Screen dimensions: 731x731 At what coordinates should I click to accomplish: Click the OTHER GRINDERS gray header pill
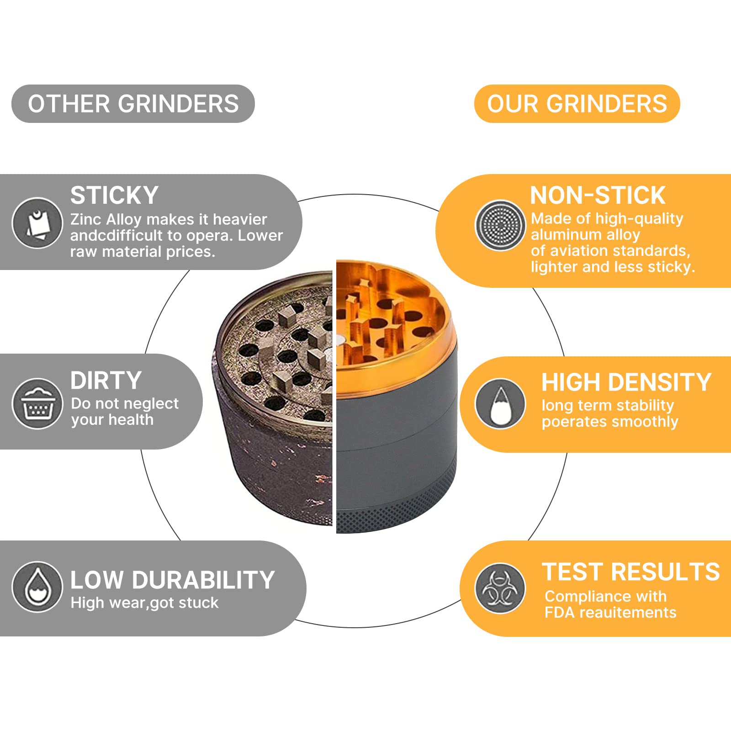point(132,104)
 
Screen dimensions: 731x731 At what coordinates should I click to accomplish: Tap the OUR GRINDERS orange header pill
point(577,104)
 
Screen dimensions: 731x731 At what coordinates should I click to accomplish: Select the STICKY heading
point(114,196)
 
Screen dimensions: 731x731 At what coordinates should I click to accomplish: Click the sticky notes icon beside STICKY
point(37,223)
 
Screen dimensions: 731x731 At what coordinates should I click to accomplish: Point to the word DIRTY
point(106,381)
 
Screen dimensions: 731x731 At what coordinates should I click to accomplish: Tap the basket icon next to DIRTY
point(37,404)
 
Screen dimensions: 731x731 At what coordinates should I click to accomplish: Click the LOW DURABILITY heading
point(172,580)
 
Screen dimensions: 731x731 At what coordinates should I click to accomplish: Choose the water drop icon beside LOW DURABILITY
point(37,587)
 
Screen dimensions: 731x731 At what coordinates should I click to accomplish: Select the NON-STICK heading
point(597,196)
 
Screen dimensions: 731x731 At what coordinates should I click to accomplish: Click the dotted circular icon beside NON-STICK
point(500,225)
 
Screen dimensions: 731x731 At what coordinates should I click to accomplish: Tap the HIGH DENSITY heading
point(626,382)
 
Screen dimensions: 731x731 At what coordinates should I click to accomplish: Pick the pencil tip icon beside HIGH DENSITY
point(500,404)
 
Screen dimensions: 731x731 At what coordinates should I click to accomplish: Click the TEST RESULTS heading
point(630,572)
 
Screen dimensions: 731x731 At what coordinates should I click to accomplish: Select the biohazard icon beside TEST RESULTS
point(500,588)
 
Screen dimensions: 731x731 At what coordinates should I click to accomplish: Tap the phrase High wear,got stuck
point(144,603)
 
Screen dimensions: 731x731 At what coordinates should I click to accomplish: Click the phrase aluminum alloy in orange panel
point(585,235)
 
